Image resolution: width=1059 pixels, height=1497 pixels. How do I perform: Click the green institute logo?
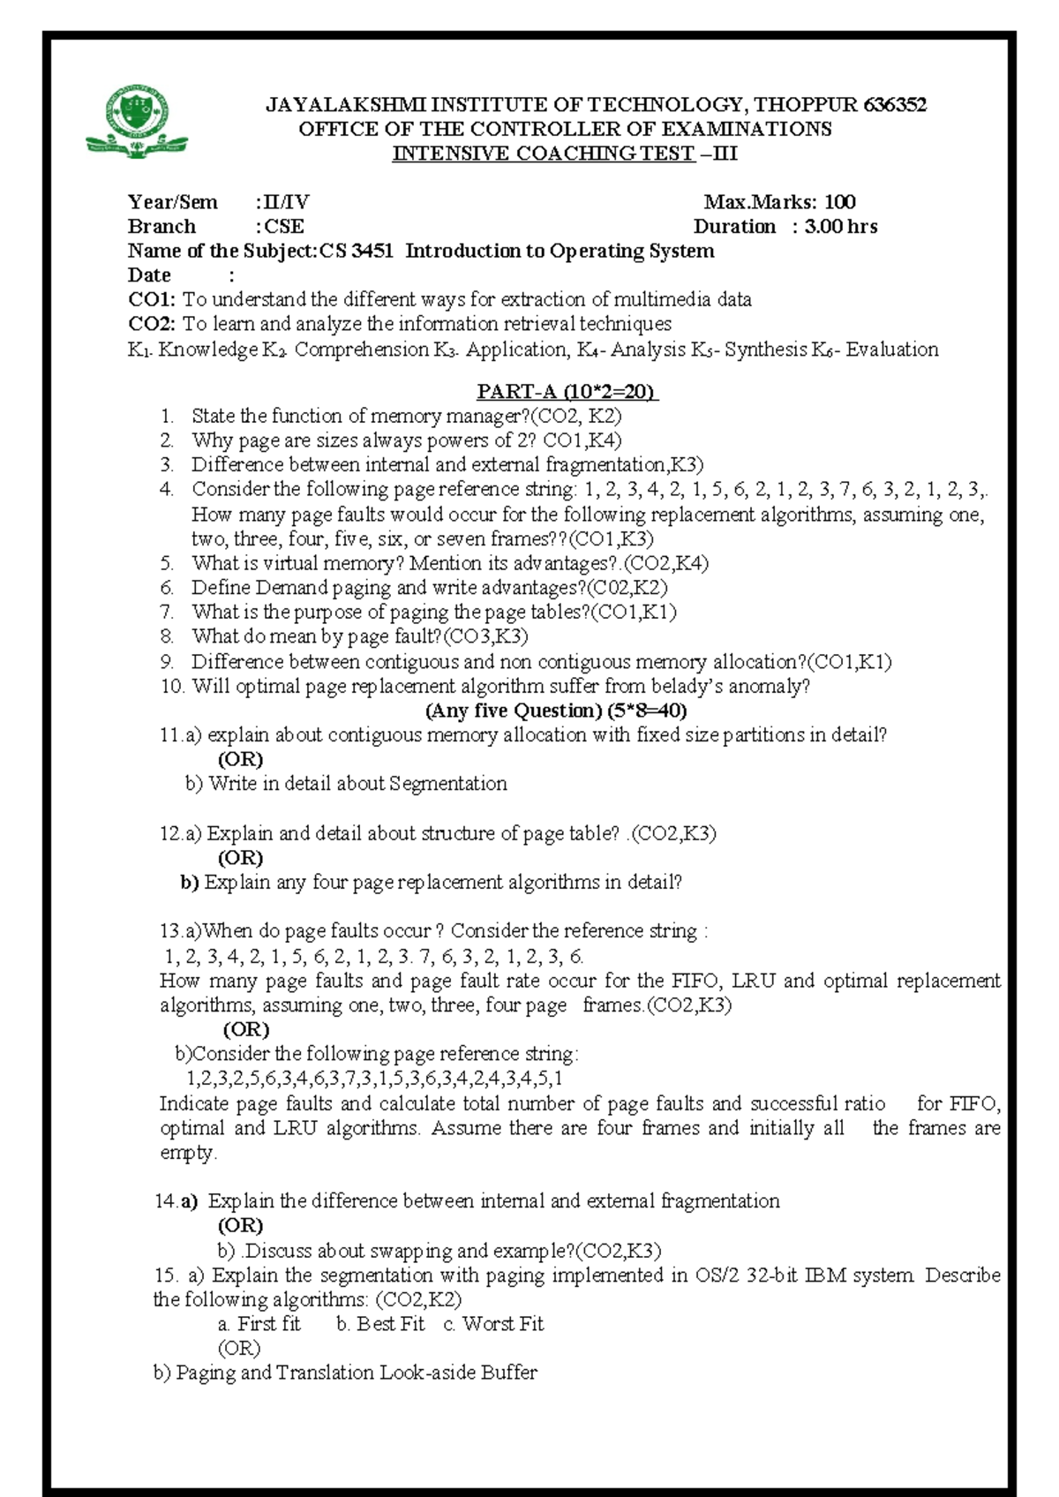tap(136, 122)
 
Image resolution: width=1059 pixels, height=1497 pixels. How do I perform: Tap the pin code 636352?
tap(895, 105)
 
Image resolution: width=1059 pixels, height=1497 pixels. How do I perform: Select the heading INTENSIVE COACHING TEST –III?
tap(565, 154)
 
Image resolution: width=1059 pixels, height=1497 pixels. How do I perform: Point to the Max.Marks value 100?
tap(839, 202)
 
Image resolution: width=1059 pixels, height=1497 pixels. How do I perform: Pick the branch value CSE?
tap(284, 227)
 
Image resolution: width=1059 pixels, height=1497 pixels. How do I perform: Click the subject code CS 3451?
tap(357, 252)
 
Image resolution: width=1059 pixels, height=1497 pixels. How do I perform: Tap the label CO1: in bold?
tap(152, 300)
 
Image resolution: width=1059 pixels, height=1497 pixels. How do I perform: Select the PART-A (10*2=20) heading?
tap(567, 392)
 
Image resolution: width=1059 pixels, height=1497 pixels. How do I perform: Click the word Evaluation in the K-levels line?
tap(892, 350)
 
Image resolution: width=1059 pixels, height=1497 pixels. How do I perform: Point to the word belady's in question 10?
tap(688, 686)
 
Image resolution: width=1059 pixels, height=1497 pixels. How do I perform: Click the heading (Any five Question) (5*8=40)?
tap(556, 711)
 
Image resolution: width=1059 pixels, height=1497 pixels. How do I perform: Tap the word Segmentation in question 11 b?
tap(448, 784)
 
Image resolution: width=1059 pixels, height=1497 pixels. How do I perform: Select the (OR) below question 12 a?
tap(240, 858)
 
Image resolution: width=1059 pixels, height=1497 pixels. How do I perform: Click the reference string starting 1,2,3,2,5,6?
tap(374, 1078)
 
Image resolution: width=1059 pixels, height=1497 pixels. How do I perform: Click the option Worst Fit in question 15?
tap(502, 1324)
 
